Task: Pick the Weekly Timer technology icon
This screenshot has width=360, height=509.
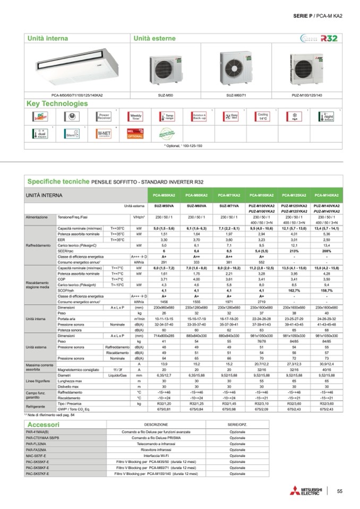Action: coord(136,116)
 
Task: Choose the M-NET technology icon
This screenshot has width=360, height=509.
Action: coord(104,133)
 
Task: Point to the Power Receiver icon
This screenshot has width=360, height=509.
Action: coord(104,116)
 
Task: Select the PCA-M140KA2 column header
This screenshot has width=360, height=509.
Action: coord(327,196)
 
